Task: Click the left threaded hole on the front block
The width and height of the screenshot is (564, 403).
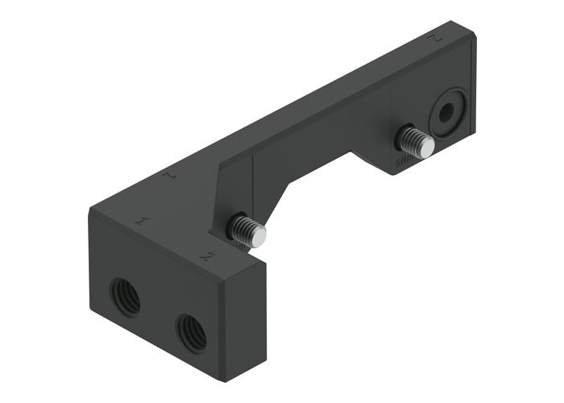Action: pyautogui.click(x=125, y=297)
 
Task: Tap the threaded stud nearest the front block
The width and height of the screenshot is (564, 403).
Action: pyautogui.click(x=245, y=231)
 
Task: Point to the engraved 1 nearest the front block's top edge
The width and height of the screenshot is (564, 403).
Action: pyautogui.click(x=143, y=220)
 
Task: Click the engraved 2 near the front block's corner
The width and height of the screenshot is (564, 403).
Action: pyautogui.click(x=207, y=256)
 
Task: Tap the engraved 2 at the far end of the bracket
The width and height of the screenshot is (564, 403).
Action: pyautogui.click(x=436, y=38)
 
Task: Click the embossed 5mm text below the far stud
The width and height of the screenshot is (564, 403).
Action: pyautogui.click(x=403, y=164)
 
